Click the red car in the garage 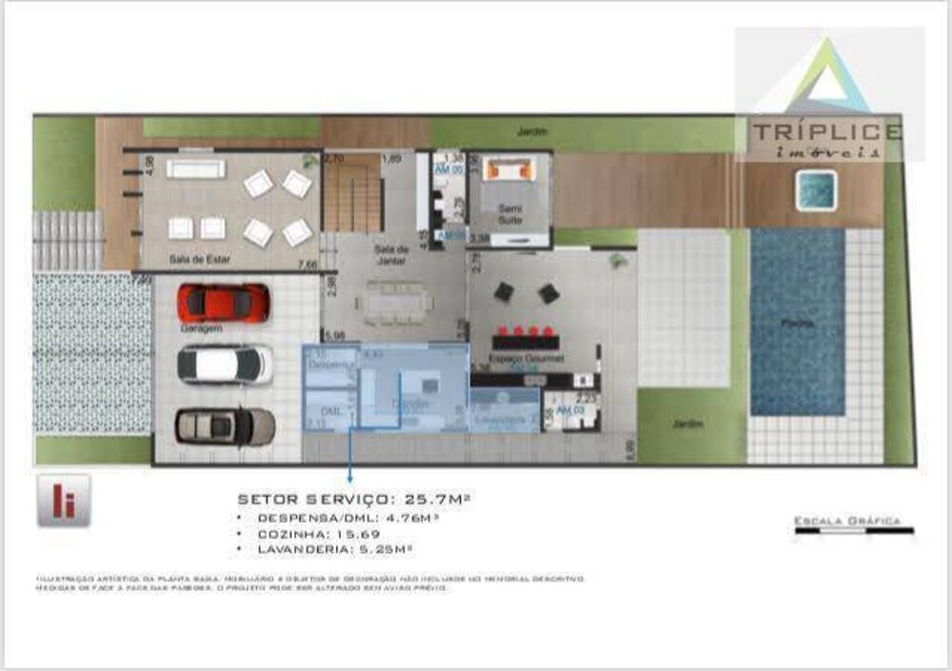(224, 303)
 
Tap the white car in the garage (225, 364)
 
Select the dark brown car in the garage (226, 425)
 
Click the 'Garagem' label (201, 328)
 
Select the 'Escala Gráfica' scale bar (854, 530)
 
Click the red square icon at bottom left (64, 500)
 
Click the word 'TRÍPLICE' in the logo (825, 132)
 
